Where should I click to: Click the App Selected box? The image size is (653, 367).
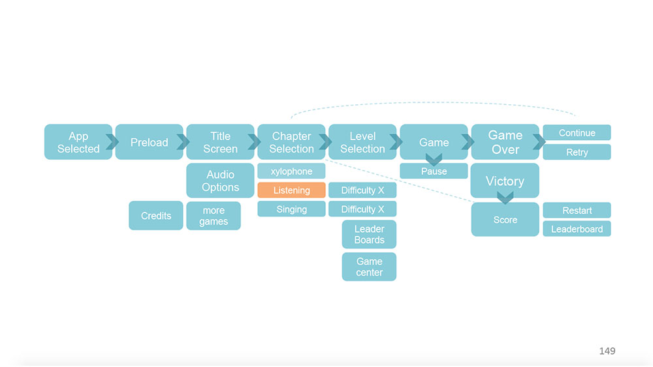click(x=78, y=142)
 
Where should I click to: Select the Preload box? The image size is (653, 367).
click(x=149, y=142)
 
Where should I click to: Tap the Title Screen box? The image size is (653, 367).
click(x=220, y=142)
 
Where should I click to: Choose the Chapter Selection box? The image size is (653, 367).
click(x=291, y=142)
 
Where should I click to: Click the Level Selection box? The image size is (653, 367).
click(x=362, y=142)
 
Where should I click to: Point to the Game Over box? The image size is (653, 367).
click(x=505, y=142)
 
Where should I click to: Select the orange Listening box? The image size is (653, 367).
click(x=291, y=190)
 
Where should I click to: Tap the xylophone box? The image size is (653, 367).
click(x=291, y=171)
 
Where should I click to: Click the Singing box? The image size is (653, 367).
click(x=291, y=209)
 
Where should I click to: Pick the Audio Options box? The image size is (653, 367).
click(x=220, y=181)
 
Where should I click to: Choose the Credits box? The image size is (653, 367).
click(x=156, y=216)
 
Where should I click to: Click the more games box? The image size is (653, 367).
click(x=214, y=216)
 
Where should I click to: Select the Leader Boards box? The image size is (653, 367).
click(x=369, y=234)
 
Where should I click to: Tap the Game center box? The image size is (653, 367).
click(x=369, y=267)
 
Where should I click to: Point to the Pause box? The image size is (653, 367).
click(x=434, y=171)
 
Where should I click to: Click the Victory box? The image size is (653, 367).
click(x=505, y=181)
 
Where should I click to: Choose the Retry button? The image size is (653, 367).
click(x=577, y=152)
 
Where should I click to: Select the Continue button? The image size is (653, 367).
click(x=577, y=133)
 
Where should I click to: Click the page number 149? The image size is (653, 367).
click(x=607, y=351)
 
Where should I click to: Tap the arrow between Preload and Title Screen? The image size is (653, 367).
click(x=183, y=142)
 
